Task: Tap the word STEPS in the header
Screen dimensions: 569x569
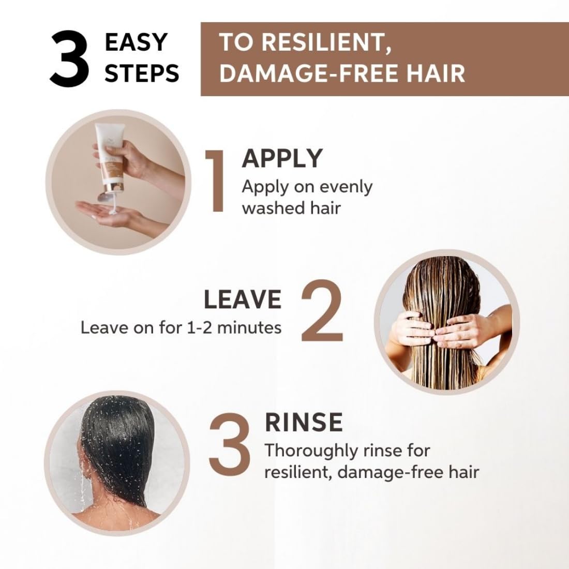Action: [x=142, y=73]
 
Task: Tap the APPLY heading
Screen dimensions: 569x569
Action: [x=282, y=158]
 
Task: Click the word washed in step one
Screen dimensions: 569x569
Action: [x=266, y=208]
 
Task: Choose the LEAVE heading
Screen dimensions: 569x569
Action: [x=242, y=300]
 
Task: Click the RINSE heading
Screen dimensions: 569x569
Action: [x=304, y=422]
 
